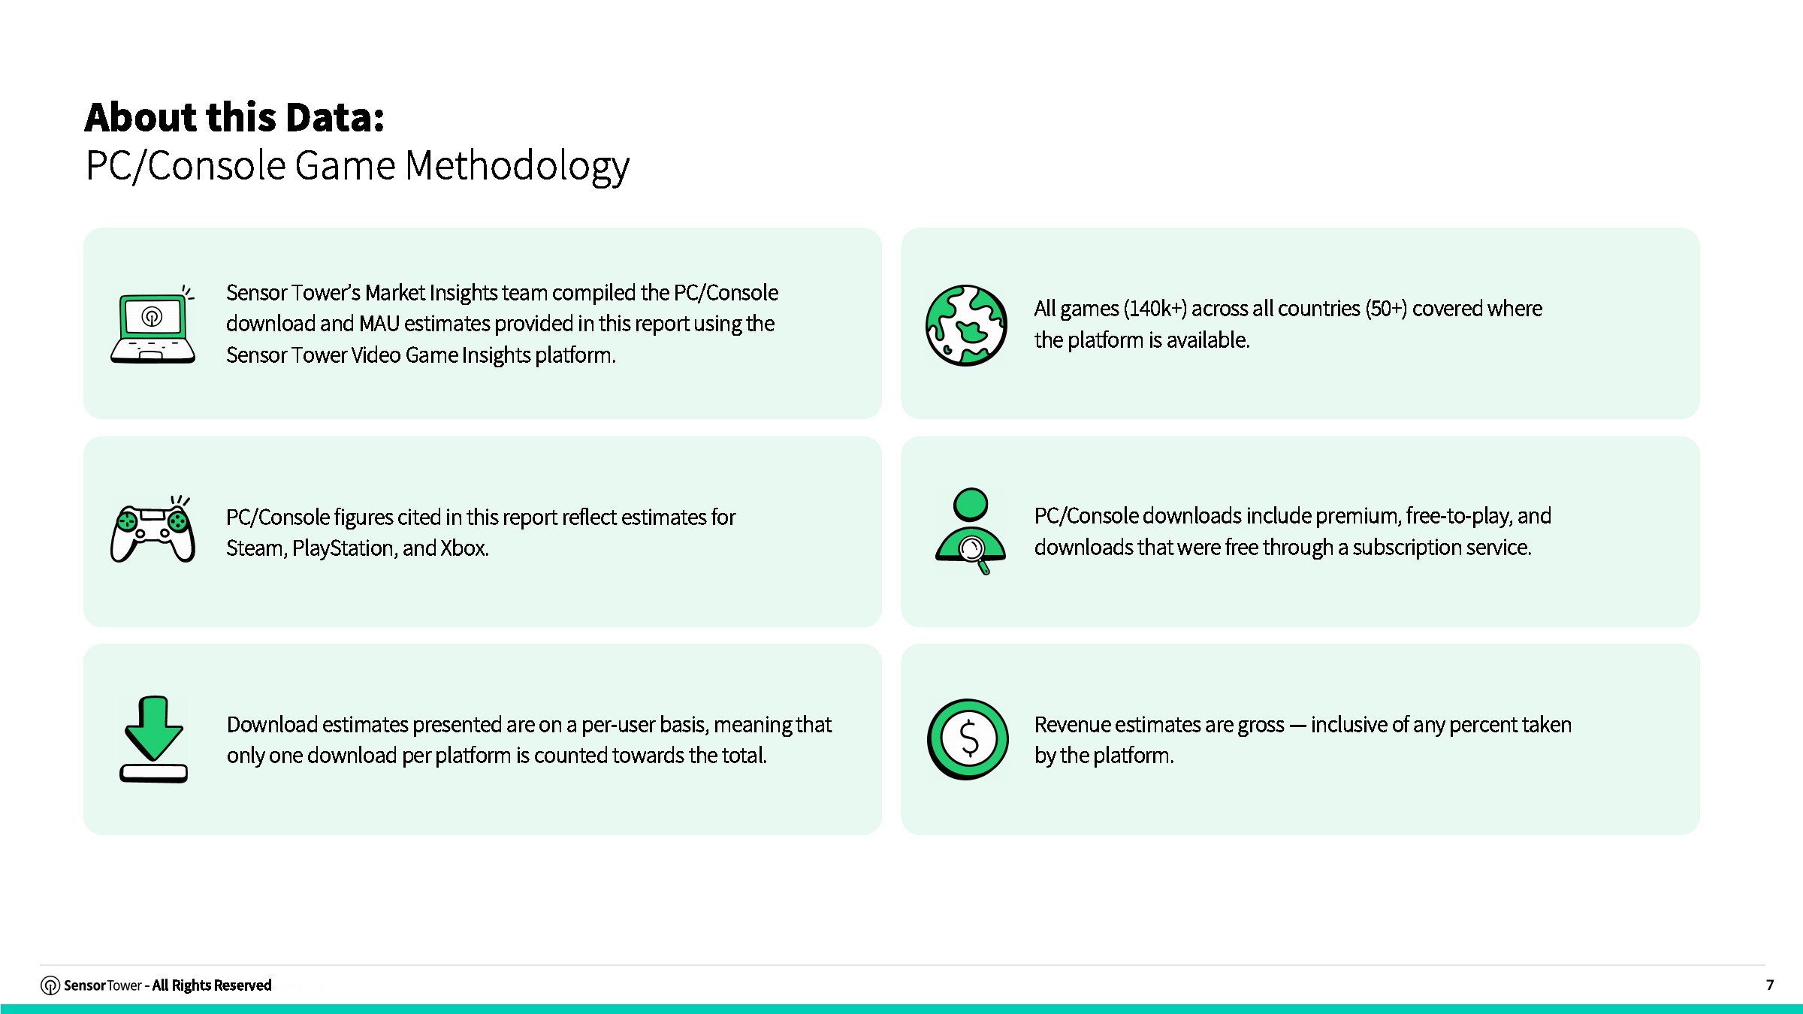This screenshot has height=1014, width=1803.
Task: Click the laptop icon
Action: tap(153, 324)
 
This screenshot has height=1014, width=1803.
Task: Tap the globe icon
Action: tap(967, 325)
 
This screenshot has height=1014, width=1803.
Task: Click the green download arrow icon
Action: tap(154, 739)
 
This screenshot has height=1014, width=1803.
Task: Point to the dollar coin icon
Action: tap(968, 739)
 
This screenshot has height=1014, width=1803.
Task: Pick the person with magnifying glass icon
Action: tap(971, 530)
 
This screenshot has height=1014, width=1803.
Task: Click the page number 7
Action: tap(1770, 985)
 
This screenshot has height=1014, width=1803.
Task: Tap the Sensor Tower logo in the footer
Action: tap(50, 985)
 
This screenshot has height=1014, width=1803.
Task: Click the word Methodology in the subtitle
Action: tap(517, 166)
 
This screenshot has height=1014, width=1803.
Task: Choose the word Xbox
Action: tap(464, 548)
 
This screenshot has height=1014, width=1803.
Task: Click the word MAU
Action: tap(379, 324)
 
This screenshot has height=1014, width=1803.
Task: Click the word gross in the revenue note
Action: tap(1261, 726)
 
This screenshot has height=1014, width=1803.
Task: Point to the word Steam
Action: tap(256, 548)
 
